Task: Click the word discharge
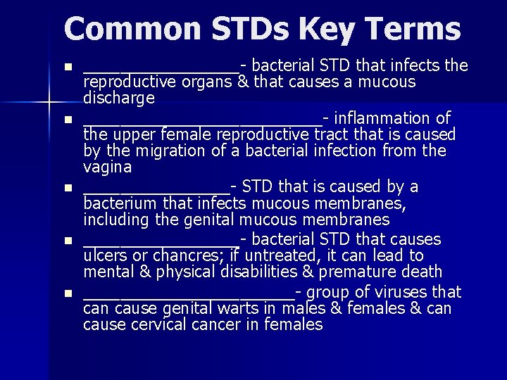118,99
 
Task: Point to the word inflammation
381,117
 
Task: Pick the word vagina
107,167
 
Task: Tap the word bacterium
120,203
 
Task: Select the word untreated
280,255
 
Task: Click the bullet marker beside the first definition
68,68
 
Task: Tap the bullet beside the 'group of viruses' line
68,293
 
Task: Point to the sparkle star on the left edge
49,103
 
